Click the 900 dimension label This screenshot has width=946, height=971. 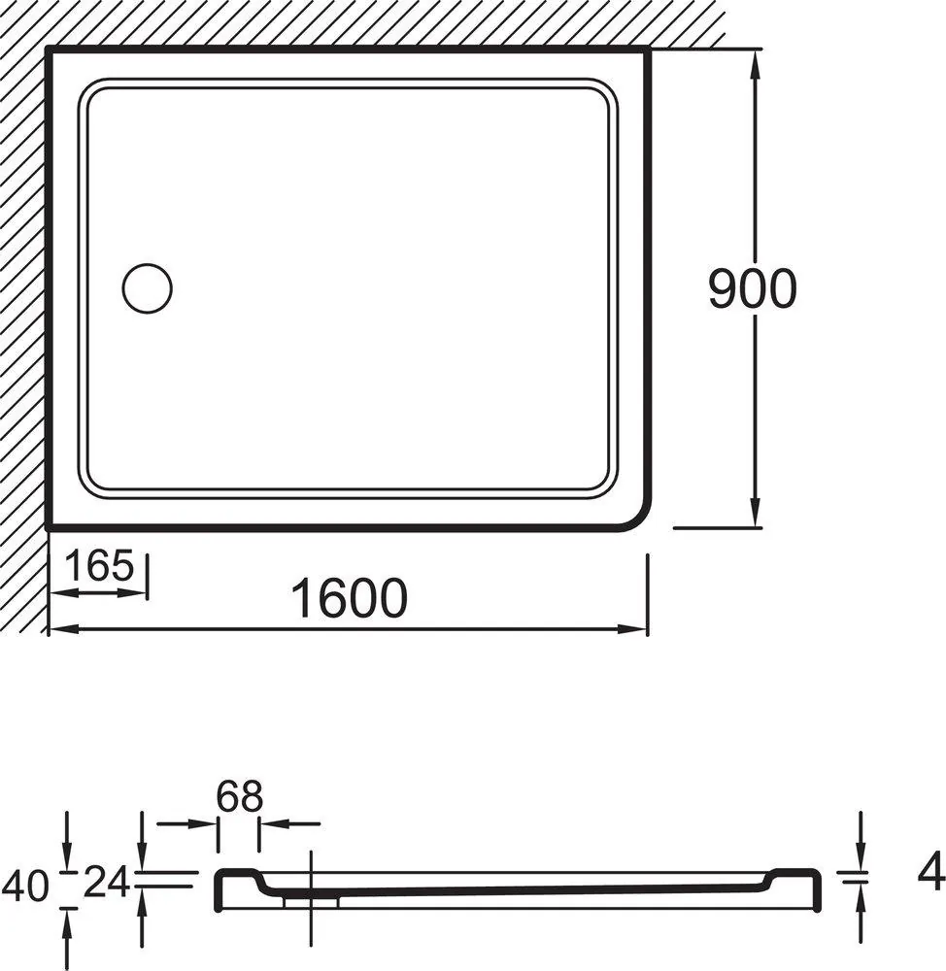click(752, 288)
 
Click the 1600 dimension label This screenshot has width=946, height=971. click(350, 598)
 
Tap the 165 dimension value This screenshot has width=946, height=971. click(99, 565)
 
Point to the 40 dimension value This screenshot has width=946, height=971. click(25, 886)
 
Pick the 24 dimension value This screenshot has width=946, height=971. click(106, 882)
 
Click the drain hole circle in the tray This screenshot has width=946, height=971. click(147, 288)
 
